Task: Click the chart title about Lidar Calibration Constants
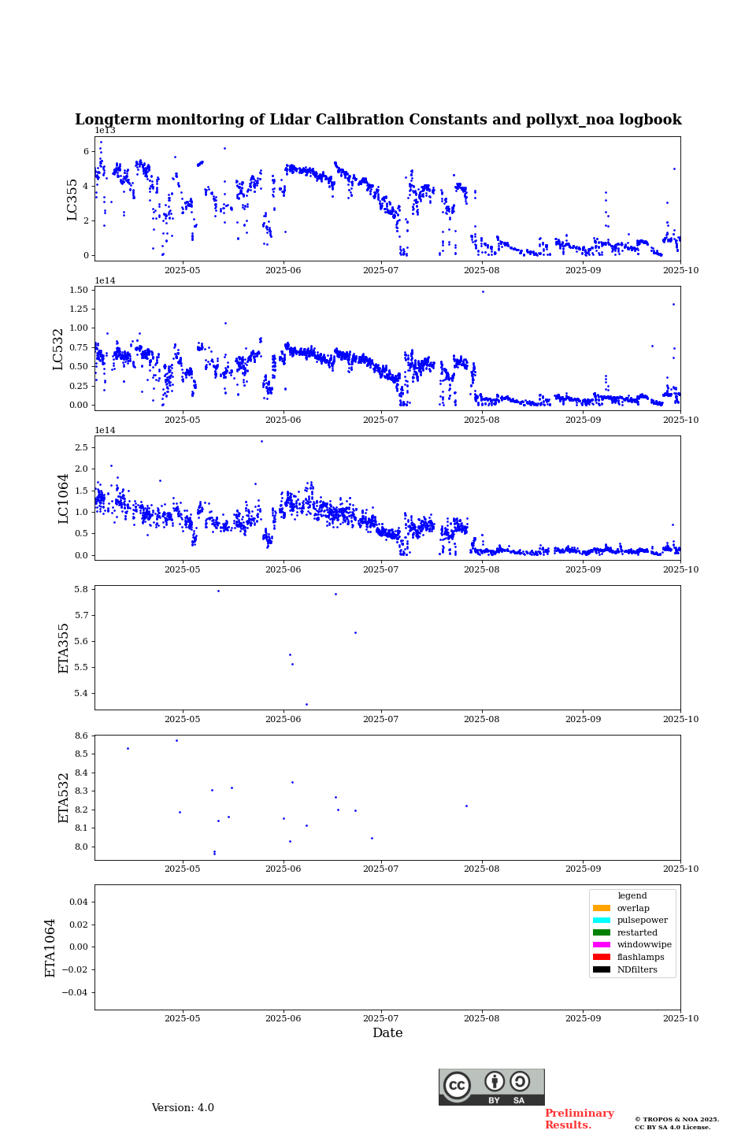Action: pos(378,120)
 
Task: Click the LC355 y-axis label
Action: pos(72,199)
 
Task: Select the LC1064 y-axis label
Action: pos(64,498)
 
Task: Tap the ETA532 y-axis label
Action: pos(64,797)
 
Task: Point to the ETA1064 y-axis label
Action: pos(50,947)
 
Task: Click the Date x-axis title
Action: pos(387,1033)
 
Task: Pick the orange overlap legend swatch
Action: pos(602,908)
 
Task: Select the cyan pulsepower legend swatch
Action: pos(602,921)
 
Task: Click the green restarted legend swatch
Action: pos(602,932)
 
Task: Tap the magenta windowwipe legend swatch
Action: pos(602,945)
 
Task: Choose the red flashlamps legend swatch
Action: pos(602,957)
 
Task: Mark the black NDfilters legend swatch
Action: pos(602,969)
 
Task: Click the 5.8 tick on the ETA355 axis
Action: pos(81,589)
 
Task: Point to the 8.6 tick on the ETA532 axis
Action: pos(81,736)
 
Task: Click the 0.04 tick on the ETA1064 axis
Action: pos(77,902)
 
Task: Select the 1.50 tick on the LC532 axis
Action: pos(78,290)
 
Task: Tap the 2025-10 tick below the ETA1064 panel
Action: pos(680,1018)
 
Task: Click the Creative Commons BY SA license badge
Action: pos(491,1087)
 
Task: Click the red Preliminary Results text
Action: pos(579,1119)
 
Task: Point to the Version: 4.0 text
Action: pos(183,1108)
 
